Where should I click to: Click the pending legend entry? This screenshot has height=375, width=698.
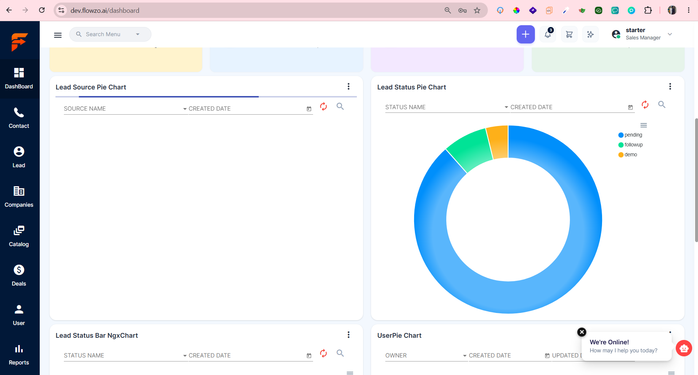[x=630, y=135]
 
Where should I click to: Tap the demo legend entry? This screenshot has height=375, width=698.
[x=628, y=155]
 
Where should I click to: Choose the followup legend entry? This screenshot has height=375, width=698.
[x=630, y=145]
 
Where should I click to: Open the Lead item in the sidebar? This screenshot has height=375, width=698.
[x=19, y=157]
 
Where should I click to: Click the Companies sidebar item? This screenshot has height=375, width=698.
[x=19, y=196]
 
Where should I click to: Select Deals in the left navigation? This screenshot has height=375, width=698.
[x=19, y=275]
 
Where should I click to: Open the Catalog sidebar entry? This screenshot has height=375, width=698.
[x=19, y=236]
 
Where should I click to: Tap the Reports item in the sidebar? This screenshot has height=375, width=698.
[x=19, y=354]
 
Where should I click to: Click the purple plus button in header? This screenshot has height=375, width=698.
[x=525, y=34]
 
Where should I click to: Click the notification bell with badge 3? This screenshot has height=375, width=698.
[x=548, y=34]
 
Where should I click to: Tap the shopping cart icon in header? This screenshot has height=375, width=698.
[x=569, y=34]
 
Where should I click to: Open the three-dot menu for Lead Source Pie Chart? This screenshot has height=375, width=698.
[x=349, y=87]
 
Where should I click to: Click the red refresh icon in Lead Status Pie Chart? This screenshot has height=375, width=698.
[x=645, y=105]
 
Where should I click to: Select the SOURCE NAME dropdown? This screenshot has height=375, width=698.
[x=126, y=109]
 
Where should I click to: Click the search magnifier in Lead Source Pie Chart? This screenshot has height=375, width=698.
[x=340, y=106]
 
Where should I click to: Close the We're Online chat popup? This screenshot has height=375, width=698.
[x=582, y=332]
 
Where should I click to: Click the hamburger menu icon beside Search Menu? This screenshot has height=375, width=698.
[x=58, y=35]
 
